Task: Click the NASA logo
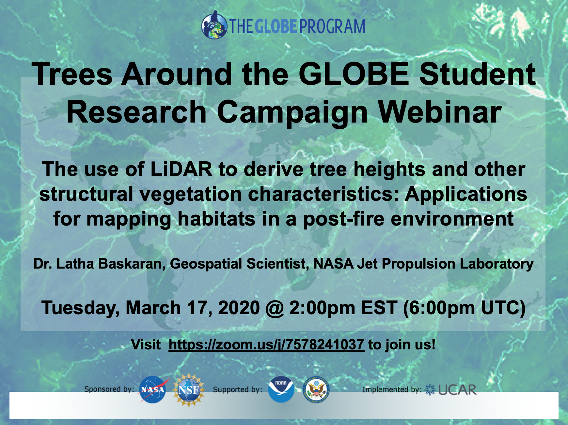[x=153, y=389]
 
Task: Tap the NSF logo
[x=189, y=389]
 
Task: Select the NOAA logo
[x=281, y=389]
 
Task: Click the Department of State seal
[x=316, y=390]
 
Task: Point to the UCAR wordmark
[x=457, y=390]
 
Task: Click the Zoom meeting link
[x=266, y=344]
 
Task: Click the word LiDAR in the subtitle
[x=181, y=169]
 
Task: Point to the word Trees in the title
[x=72, y=74]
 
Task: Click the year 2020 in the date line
[x=239, y=308]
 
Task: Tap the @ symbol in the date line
[x=275, y=308]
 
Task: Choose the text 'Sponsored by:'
[x=109, y=389]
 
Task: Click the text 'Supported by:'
[x=237, y=389]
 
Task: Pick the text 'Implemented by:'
[x=392, y=389]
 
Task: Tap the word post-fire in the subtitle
[x=344, y=219]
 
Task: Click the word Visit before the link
[x=146, y=344]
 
